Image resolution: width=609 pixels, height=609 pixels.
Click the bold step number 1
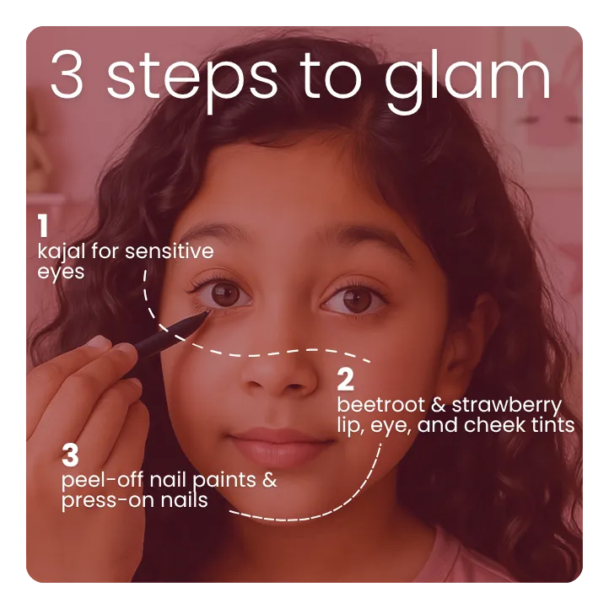pyautogui.click(x=42, y=226)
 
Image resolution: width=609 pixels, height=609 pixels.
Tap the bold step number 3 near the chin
pyautogui.click(x=70, y=456)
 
